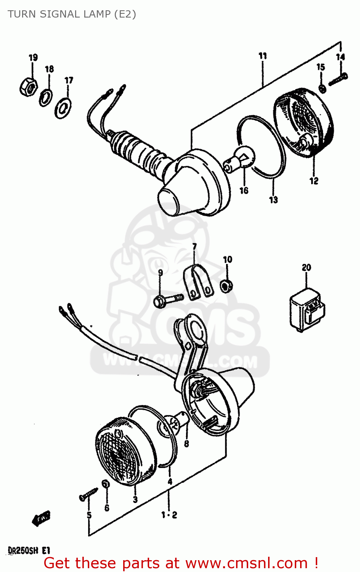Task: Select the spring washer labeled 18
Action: (46, 98)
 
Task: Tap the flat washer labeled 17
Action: (63, 108)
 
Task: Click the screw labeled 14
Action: (338, 80)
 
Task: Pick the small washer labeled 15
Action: (322, 88)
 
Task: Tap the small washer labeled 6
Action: (106, 484)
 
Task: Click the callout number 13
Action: (273, 199)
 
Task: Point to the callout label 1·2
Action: (169, 515)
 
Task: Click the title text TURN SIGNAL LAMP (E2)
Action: (72, 14)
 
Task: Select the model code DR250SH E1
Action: (29, 550)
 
